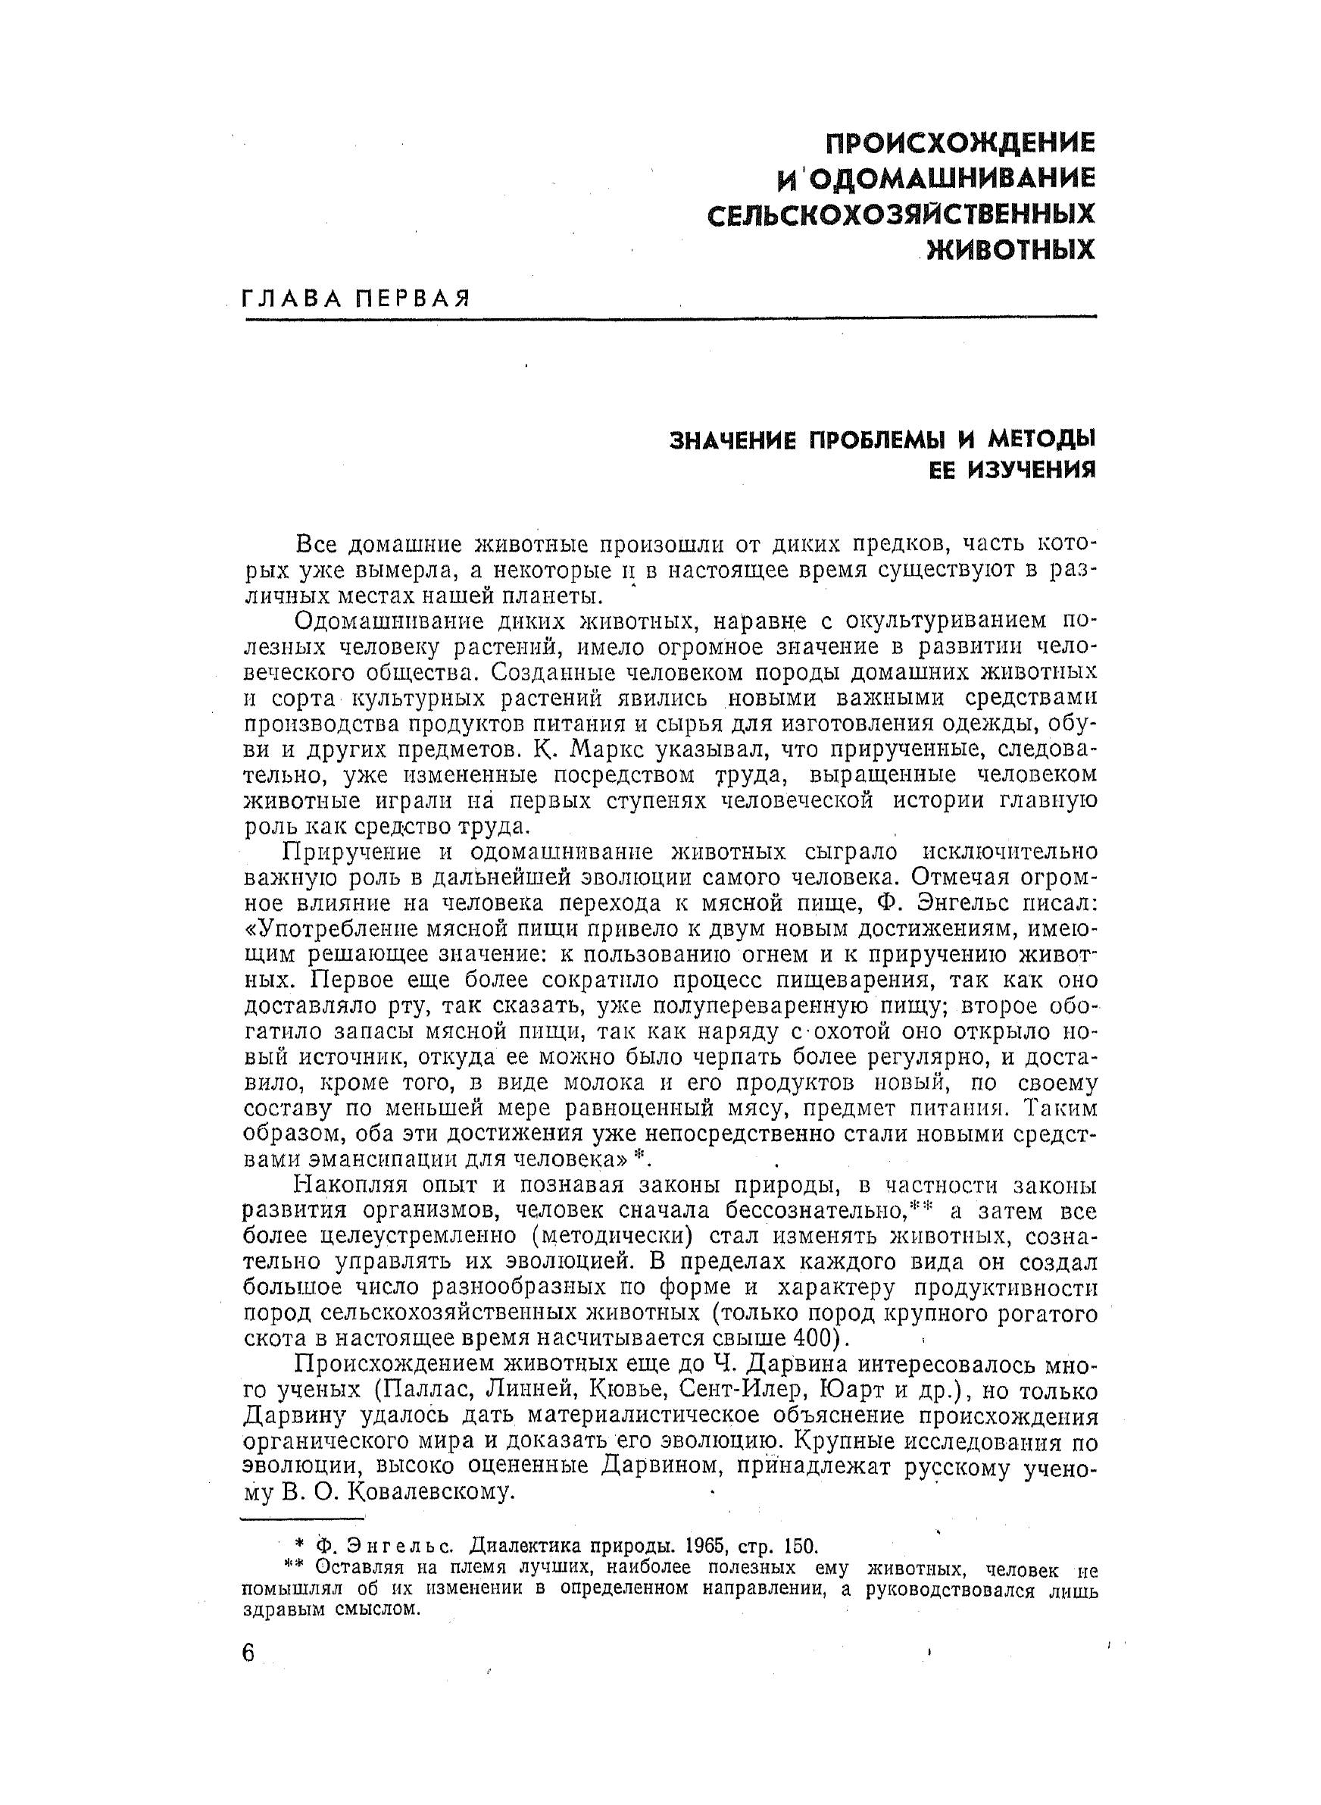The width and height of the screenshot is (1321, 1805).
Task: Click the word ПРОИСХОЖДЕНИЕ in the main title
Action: coord(959,143)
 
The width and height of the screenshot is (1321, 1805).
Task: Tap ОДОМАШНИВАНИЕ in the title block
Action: coord(947,178)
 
